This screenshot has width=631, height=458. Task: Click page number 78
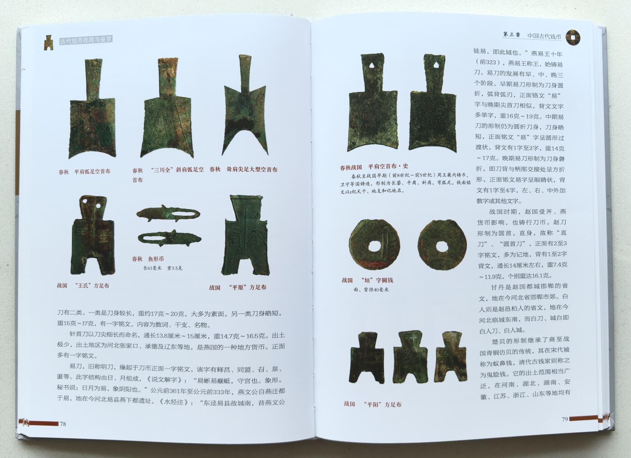click(x=63, y=423)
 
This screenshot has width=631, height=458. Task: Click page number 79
click(x=565, y=419)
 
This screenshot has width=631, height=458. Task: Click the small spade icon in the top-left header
click(x=48, y=42)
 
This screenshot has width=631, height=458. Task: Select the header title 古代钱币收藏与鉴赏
click(x=86, y=41)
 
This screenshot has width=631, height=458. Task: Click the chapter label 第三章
click(x=512, y=35)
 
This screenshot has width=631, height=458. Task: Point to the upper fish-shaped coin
click(x=168, y=214)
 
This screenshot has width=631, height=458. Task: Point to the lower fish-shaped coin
click(x=169, y=238)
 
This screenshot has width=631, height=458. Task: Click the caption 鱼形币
click(x=156, y=259)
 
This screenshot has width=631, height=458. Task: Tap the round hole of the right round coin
click(x=440, y=245)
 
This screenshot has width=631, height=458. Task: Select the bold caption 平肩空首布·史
click(x=388, y=166)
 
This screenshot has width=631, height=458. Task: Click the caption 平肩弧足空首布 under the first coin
click(x=92, y=172)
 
